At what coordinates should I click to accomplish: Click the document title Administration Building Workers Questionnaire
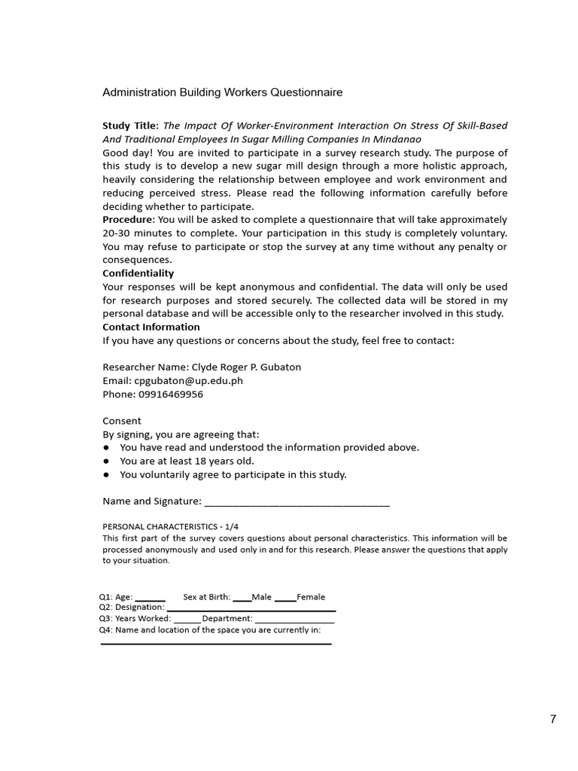click(222, 93)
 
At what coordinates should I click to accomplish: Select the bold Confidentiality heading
click(138, 273)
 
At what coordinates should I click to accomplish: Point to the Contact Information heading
click(151, 327)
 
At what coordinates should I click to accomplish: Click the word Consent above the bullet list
click(121, 421)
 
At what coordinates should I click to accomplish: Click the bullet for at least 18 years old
click(107, 462)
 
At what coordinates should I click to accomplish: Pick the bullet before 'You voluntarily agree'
click(107, 475)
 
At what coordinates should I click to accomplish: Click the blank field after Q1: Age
click(150, 599)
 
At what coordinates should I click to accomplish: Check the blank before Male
click(242, 599)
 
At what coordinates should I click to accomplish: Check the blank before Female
click(285, 599)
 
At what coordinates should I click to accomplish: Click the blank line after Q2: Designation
click(251, 608)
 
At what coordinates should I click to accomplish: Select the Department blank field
click(294, 620)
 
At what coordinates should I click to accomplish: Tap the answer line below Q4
click(215, 642)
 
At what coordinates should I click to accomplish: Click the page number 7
click(553, 719)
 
